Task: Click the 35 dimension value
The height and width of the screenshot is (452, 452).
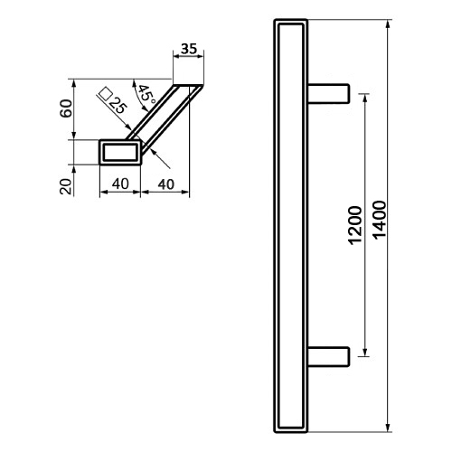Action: [189, 49]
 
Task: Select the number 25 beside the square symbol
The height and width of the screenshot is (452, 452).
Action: [118, 106]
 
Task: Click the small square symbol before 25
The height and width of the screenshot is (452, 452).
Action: [105, 93]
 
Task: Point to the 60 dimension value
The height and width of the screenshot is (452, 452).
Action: [66, 108]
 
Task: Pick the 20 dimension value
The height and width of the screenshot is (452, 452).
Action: [66, 186]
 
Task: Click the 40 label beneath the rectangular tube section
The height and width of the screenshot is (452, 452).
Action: [120, 184]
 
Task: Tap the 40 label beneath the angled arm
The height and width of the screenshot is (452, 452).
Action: [166, 184]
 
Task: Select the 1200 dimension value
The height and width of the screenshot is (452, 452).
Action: [355, 225]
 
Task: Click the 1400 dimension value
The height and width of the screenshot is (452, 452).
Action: [380, 220]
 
